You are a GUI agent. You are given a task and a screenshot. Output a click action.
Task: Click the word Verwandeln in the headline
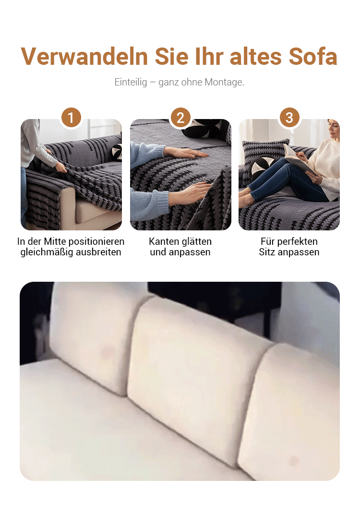(84, 56)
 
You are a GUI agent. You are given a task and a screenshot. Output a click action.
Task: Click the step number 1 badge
(71, 118)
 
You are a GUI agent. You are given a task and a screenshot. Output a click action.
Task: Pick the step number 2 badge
(180, 118)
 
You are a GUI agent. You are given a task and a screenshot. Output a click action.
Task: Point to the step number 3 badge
(289, 118)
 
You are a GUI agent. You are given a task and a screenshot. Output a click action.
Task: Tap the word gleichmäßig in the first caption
(44, 252)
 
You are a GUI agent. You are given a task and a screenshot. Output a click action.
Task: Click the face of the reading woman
(333, 130)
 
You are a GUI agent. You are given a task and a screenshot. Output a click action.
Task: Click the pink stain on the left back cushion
(108, 352)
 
